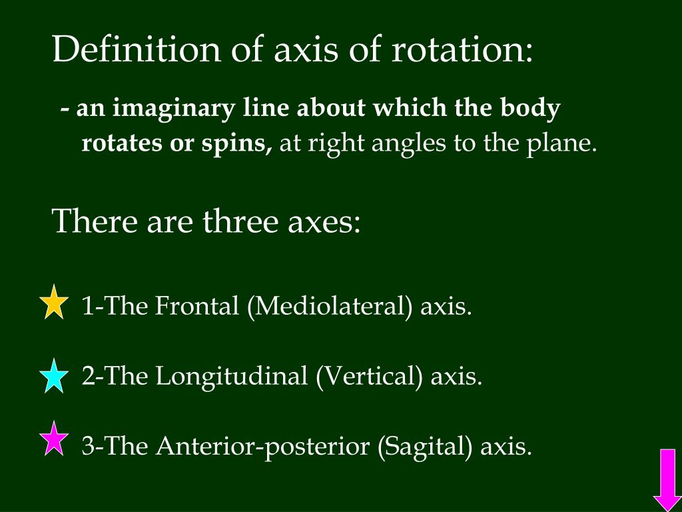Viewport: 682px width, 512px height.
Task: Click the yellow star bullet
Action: tap(54, 303)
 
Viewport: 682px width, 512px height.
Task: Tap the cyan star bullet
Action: tap(54, 375)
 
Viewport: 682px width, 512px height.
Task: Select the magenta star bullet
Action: tap(54, 440)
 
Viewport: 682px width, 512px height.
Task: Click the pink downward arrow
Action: tap(665, 479)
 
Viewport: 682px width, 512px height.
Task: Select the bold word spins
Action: tap(241, 144)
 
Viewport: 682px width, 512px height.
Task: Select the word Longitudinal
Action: tap(232, 377)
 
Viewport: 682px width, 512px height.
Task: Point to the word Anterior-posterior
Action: tap(263, 446)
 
